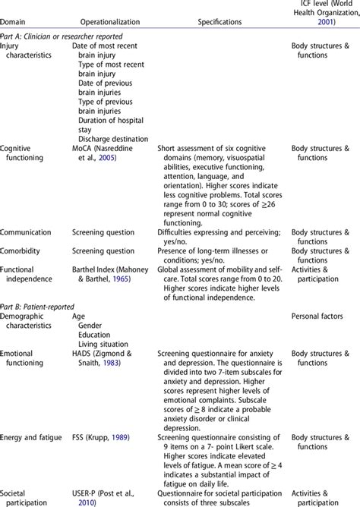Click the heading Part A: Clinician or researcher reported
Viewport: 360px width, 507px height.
pyautogui.click(x=62, y=36)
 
